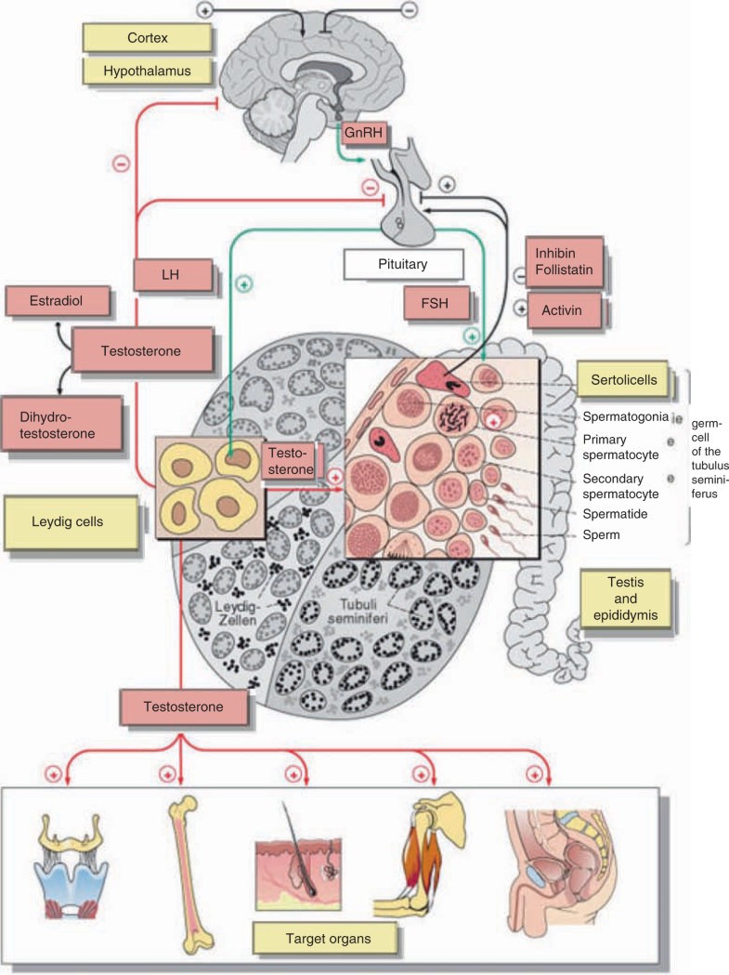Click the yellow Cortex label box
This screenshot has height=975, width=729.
(x=147, y=37)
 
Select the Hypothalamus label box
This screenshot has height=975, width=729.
(x=147, y=71)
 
